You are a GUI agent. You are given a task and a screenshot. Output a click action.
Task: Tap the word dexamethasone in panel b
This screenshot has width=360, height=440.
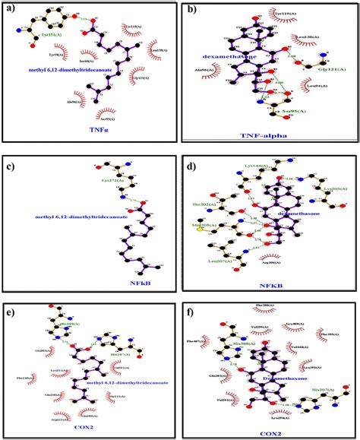coord(228,55)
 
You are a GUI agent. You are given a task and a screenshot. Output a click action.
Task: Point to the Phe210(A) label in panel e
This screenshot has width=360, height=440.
coord(24,377)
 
